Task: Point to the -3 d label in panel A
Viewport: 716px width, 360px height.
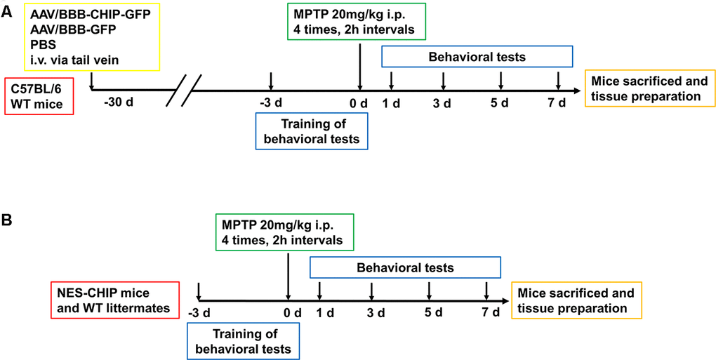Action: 272,104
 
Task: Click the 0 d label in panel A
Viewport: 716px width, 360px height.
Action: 360,104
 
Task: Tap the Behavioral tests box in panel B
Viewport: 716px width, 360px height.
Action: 405,267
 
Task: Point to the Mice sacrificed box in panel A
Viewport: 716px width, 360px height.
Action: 646,88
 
